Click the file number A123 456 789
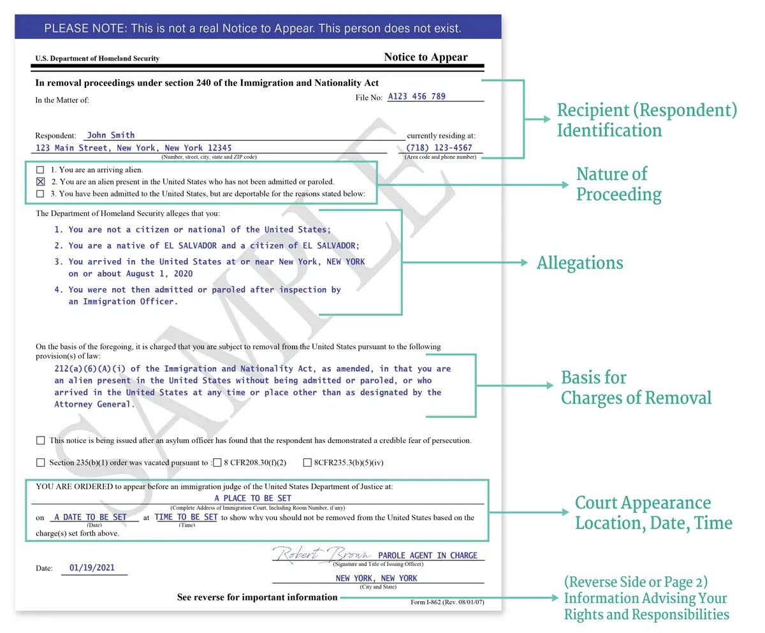[416, 97]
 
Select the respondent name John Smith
[110, 135]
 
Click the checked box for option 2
[41, 182]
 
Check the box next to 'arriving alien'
[41, 170]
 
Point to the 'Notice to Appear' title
[425, 57]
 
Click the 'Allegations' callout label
[579, 263]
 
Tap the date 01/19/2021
[92, 568]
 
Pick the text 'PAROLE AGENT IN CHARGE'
[427, 556]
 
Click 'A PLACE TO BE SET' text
[252, 498]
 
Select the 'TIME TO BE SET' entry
[186, 518]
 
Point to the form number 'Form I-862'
[447, 602]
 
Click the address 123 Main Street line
[134, 148]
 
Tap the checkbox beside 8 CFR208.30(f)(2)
[217, 463]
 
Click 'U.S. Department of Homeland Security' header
[97, 59]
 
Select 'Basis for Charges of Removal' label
[635, 388]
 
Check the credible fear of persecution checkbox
[41, 440]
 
